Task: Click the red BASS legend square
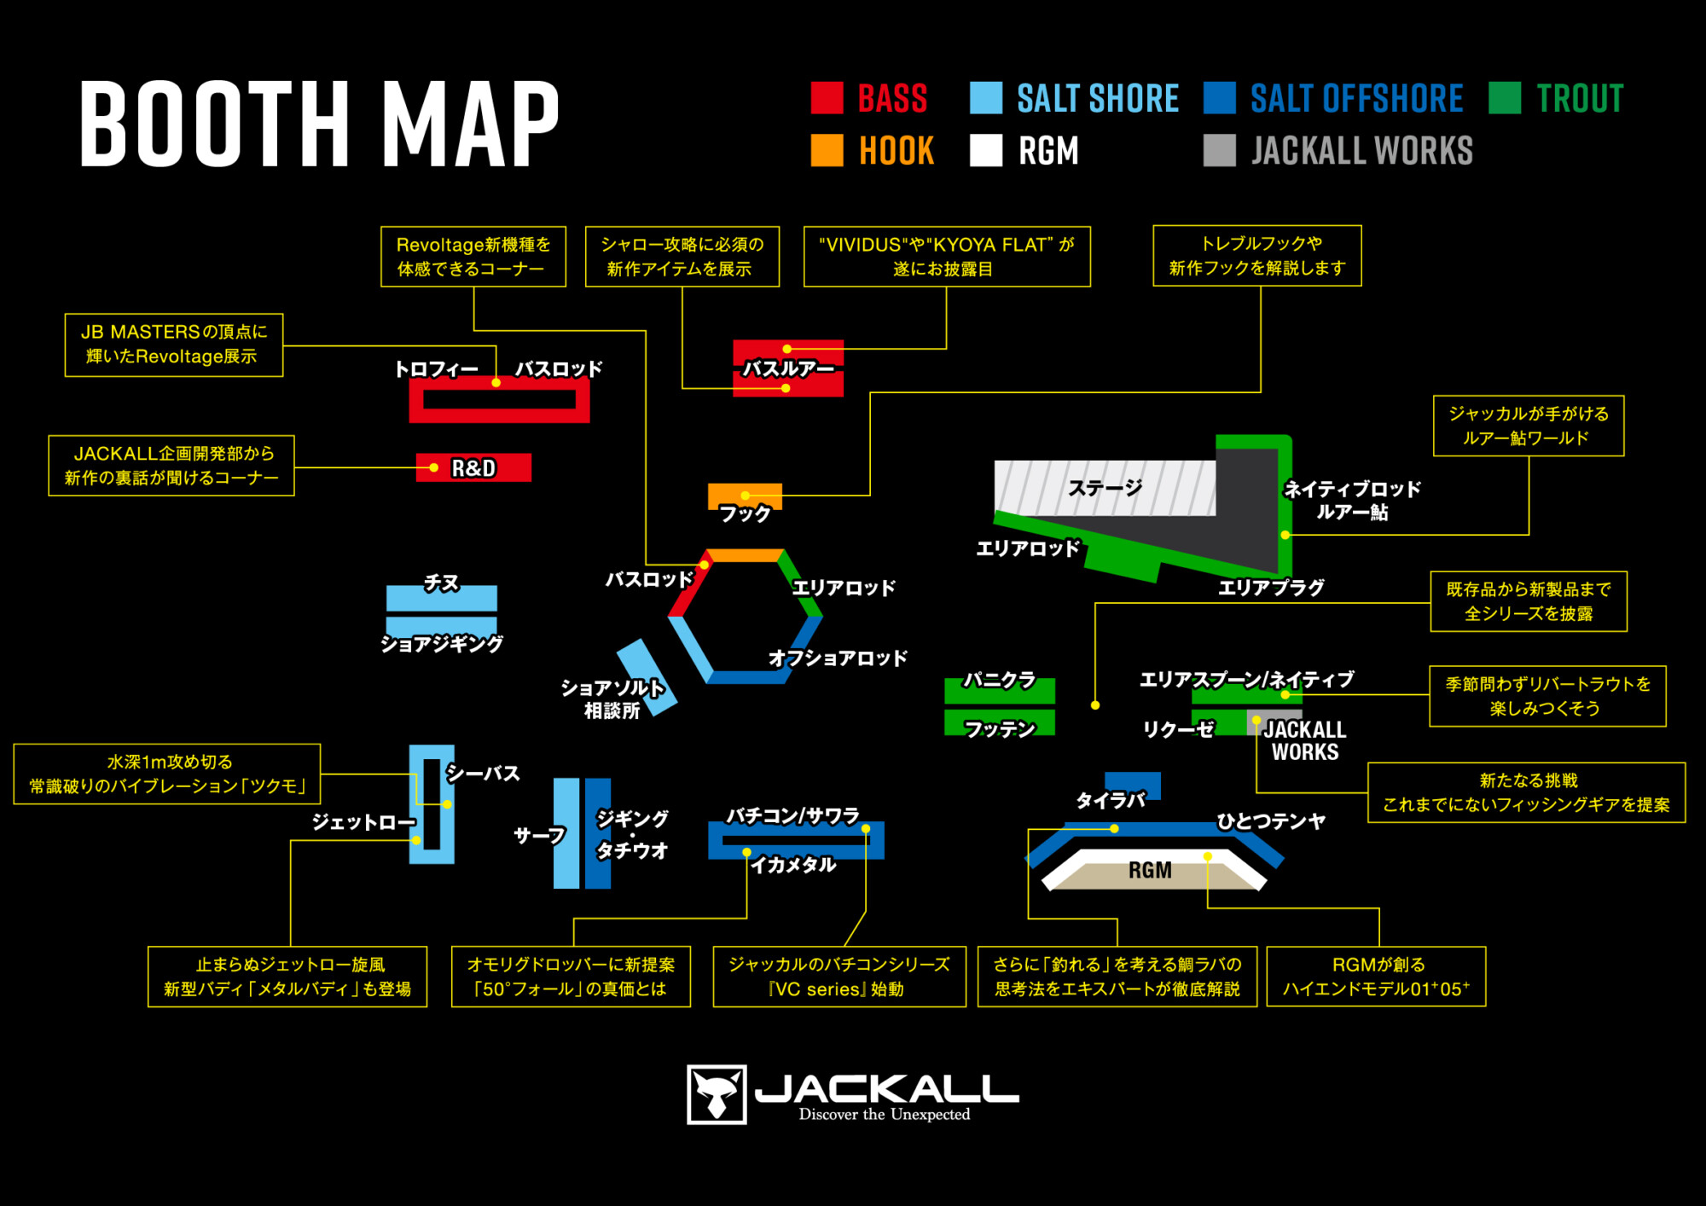827,98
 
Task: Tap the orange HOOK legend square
827,150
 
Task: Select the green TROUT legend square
1505,98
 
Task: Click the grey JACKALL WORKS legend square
1219,150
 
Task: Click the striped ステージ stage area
1104,488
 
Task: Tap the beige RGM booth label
1150,871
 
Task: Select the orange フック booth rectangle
745,496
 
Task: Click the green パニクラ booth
999,689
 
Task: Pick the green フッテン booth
999,723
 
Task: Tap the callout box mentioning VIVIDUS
947,257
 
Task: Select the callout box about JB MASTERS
174,345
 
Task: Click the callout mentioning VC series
838,977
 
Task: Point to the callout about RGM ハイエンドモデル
1376,977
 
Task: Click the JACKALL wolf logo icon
717,1094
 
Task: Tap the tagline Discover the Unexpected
884,1115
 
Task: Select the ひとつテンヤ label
1271,821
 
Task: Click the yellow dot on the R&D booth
434,467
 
